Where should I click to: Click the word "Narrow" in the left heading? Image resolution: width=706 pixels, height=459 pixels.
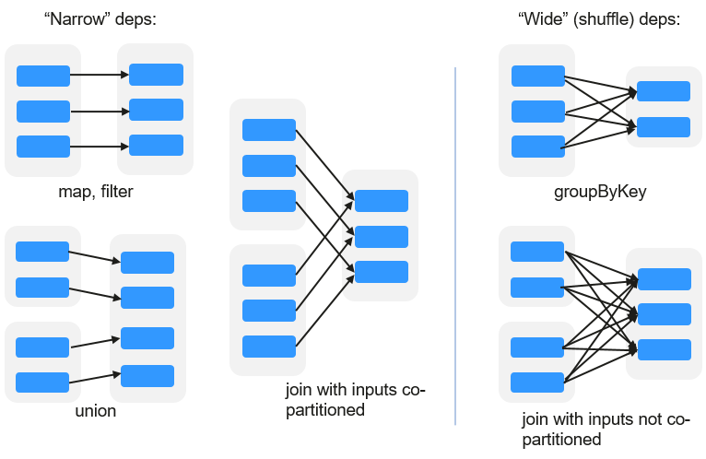coord(77,19)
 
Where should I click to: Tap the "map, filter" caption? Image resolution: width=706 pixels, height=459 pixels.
coord(96,192)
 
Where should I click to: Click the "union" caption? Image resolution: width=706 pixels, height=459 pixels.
coord(96,411)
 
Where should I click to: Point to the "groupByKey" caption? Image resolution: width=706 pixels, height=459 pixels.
coord(600,193)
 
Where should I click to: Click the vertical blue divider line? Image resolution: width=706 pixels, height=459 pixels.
coord(455,246)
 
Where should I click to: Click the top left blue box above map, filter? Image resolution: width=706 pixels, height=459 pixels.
coord(43,76)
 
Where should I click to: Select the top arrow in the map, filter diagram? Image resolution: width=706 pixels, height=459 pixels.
coord(100,75)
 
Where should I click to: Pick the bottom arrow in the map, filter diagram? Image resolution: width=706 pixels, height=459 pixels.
coord(100,147)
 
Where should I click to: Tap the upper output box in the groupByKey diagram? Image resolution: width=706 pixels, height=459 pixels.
coord(664,91)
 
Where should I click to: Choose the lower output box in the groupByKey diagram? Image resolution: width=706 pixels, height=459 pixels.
coord(664,127)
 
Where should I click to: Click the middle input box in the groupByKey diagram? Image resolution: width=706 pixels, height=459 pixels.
coord(538,112)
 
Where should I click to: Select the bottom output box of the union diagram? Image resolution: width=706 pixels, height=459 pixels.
coord(147,376)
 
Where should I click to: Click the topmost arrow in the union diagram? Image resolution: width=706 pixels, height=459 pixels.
coord(95,256)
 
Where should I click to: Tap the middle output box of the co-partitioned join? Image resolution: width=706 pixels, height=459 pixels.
coord(382,237)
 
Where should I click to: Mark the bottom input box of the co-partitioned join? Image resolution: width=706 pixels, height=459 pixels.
coord(269,347)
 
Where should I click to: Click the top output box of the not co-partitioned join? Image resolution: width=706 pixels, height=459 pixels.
coord(665,279)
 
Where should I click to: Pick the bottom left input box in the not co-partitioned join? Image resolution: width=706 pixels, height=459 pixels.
coord(537,382)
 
